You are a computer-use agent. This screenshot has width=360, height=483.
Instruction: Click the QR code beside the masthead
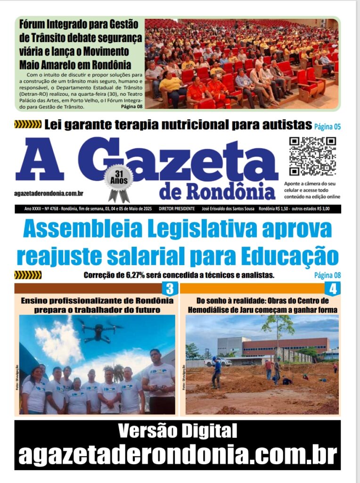tap(312, 156)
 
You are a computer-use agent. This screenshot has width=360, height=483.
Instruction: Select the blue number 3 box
tap(170, 288)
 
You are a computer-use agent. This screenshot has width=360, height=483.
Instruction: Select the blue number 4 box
tap(333, 288)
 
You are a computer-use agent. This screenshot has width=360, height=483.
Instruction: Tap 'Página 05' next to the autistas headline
tap(327, 126)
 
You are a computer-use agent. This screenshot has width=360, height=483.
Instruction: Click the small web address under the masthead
tap(49, 193)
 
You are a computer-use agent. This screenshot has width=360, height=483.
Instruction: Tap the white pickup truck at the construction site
tap(218, 362)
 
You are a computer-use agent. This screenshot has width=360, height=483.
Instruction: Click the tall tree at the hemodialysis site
tap(278, 330)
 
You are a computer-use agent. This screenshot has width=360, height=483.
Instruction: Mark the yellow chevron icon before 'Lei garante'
tap(27, 125)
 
